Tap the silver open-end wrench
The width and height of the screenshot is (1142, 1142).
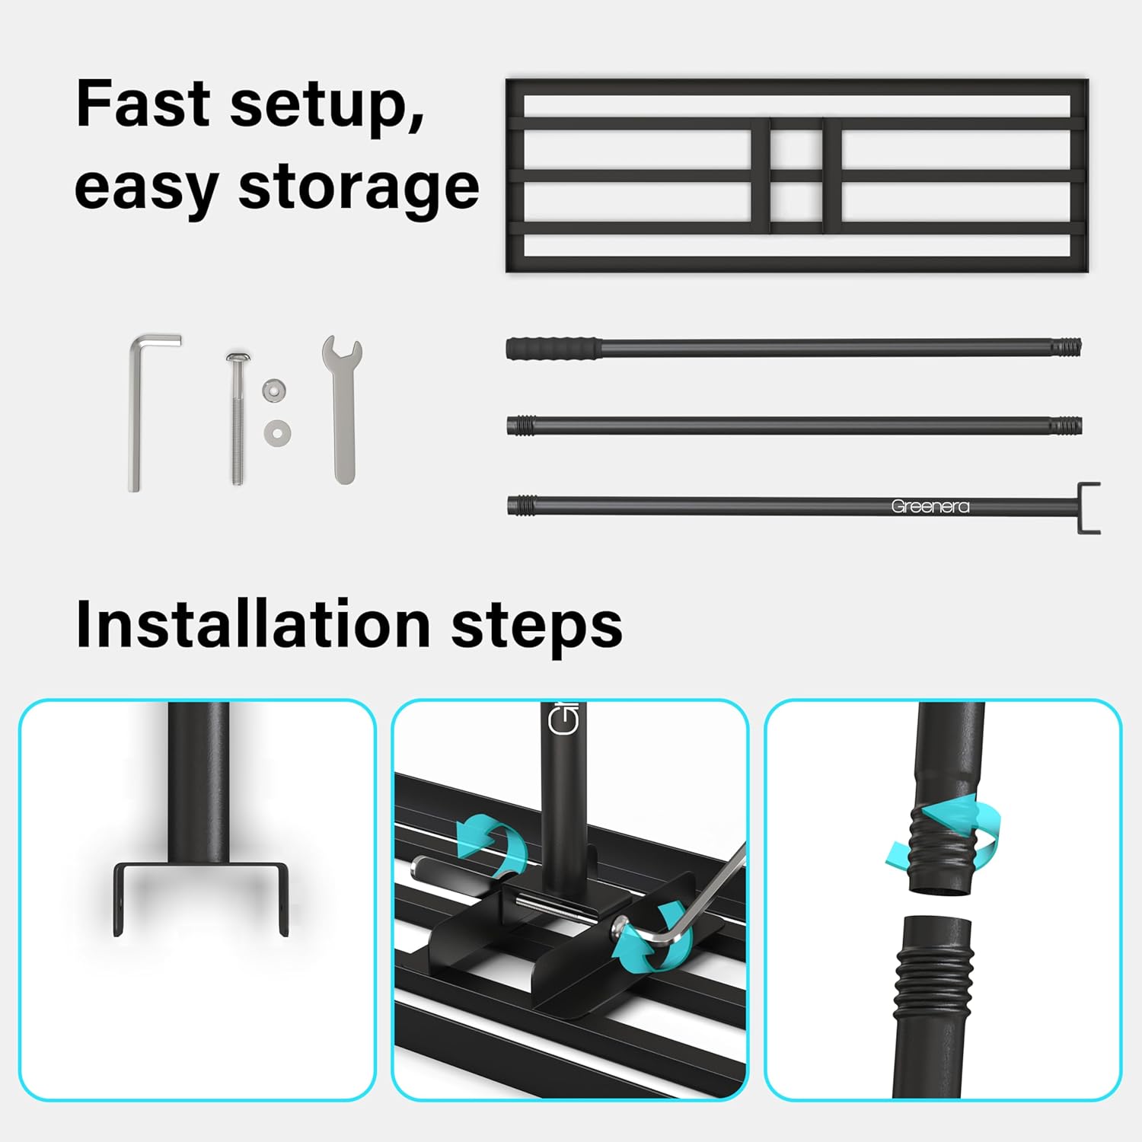[x=342, y=411]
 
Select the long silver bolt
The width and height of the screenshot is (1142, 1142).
[x=238, y=419]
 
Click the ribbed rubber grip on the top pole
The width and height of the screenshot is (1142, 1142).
[x=553, y=348]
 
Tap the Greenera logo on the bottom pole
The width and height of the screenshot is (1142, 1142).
[x=930, y=506]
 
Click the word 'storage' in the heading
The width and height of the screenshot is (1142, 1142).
[x=359, y=190]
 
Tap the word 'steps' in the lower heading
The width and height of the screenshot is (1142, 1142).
[x=537, y=628]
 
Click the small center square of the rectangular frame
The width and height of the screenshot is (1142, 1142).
[x=796, y=148]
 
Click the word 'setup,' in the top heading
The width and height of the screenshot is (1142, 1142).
[x=327, y=107]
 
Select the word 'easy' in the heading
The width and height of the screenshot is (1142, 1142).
[x=147, y=190]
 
